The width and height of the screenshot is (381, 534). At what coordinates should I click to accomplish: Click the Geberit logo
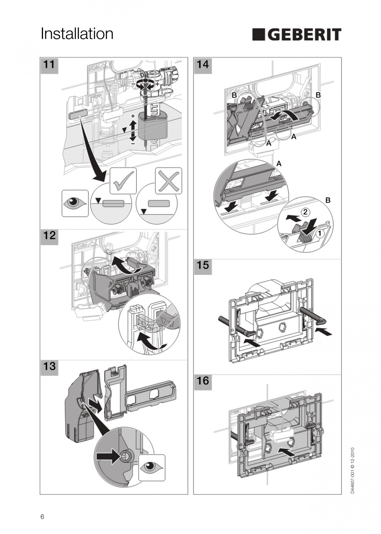click(297, 34)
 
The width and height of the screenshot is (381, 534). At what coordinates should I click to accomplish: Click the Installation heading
click(77, 34)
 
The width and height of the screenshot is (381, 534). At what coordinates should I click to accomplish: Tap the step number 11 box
click(49, 65)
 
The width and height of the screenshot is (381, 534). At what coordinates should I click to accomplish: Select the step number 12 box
click(49, 236)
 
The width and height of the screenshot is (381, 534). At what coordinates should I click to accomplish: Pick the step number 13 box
click(49, 367)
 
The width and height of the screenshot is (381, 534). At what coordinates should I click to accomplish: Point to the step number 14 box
click(203, 65)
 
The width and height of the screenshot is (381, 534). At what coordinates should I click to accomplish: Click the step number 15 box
click(203, 265)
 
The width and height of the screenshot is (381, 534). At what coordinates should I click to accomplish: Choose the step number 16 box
click(203, 380)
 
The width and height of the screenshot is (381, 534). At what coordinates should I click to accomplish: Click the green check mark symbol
click(123, 180)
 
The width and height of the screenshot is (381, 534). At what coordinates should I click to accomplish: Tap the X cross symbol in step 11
click(168, 180)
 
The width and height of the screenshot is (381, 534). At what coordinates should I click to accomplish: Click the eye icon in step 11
click(75, 203)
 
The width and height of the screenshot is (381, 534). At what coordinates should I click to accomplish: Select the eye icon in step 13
click(152, 467)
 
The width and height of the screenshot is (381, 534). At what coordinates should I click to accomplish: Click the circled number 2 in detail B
click(305, 212)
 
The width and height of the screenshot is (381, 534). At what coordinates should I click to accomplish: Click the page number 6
click(42, 516)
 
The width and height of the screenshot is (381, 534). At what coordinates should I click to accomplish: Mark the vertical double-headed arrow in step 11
click(133, 129)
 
